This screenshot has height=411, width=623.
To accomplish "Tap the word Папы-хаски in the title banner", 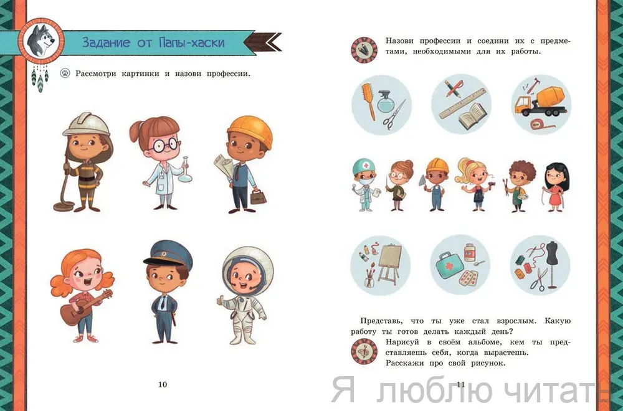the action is click(x=191, y=42).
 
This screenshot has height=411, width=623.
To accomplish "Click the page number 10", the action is click(x=163, y=384).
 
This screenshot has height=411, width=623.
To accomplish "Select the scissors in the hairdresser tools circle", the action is click(x=394, y=116).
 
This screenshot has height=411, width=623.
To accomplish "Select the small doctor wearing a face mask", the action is click(x=365, y=185).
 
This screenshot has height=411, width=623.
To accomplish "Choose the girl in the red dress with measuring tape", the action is click(x=556, y=187).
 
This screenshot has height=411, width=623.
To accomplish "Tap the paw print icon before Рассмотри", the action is click(x=65, y=73).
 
